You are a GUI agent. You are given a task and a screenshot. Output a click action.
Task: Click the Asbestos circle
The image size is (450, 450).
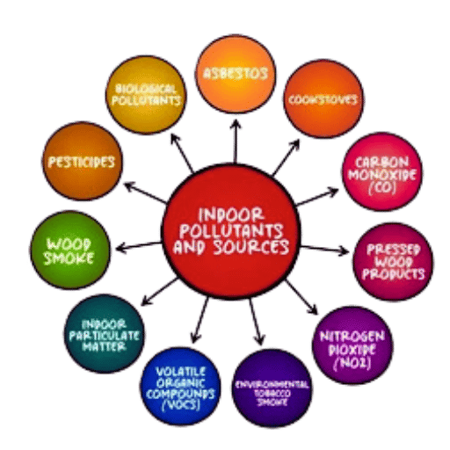click(x=236, y=74)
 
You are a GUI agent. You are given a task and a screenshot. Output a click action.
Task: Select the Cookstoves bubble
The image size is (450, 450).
click(x=323, y=98)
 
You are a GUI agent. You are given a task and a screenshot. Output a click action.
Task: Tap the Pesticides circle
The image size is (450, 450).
click(x=83, y=161)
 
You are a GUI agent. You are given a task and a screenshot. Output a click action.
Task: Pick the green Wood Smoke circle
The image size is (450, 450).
click(x=70, y=250)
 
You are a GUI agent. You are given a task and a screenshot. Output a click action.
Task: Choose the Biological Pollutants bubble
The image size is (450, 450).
click(x=146, y=95)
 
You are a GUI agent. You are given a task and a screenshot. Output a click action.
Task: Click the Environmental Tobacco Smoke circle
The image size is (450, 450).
click(x=272, y=388)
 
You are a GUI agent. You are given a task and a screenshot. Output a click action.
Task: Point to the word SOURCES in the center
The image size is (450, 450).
click(x=251, y=247)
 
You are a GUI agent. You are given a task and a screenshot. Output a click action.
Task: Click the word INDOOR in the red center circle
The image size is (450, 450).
click(x=231, y=214)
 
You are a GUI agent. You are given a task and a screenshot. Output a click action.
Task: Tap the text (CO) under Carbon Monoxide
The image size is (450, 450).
click(x=382, y=187)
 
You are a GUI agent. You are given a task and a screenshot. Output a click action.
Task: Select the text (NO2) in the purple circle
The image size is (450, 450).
click(x=352, y=363)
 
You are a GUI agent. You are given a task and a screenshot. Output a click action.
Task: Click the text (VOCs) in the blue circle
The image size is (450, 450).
click(x=181, y=405)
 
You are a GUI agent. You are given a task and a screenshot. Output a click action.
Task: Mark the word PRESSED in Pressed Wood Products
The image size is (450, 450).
click(x=394, y=250)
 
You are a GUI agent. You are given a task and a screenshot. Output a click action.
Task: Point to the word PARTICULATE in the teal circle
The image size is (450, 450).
click(x=105, y=336)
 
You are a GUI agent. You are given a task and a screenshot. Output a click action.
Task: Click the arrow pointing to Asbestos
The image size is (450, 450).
click(x=236, y=142)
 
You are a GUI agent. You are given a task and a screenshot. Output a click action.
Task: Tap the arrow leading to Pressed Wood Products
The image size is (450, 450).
click(x=324, y=250)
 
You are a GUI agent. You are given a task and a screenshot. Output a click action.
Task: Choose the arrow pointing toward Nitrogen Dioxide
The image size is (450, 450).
click(x=301, y=297)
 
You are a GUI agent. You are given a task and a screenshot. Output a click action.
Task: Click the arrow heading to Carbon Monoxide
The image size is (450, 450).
click(x=317, y=197)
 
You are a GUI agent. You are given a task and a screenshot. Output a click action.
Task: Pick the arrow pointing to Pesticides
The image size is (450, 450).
click(x=145, y=192)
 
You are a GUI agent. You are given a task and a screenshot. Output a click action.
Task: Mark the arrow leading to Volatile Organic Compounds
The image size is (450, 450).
click(x=200, y=320)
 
